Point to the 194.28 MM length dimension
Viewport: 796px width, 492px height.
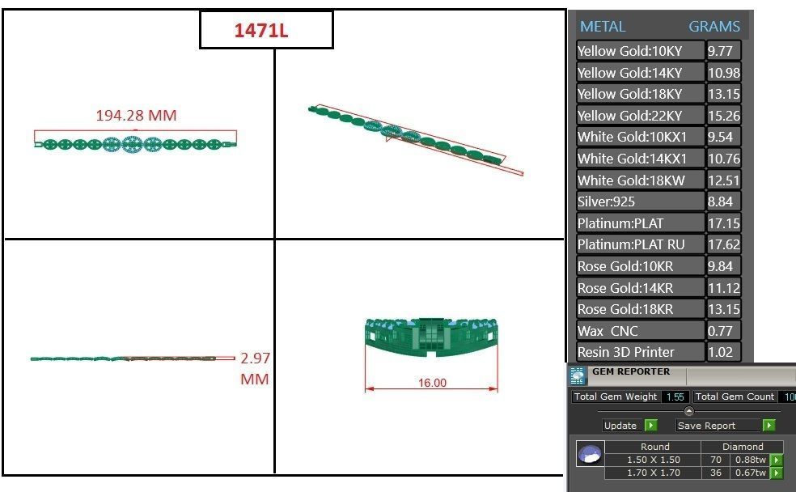tap(136, 116)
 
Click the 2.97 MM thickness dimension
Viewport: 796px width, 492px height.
tap(255, 368)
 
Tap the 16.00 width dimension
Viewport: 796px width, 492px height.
tap(432, 383)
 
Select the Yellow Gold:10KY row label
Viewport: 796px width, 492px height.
tap(629, 51)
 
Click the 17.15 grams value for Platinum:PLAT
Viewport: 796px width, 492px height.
tap(723, 223)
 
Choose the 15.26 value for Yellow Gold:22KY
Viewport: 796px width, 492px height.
tap(723, 116)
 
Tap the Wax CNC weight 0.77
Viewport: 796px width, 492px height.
tap(720, 331)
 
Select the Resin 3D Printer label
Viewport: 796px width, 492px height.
tap(626, 353)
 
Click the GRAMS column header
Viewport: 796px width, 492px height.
tap(713, 27)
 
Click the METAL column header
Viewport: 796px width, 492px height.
tap(603, 27)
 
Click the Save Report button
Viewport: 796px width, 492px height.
tap(706, 426)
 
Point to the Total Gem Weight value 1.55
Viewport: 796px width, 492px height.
tap(675, 397)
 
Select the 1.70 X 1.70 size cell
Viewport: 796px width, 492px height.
tap(654, 472)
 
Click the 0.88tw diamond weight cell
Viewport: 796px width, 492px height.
tap(749, 460)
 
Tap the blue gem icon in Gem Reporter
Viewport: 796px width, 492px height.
tap(589, 455)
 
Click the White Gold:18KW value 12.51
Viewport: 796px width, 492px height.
tap(723, 180)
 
